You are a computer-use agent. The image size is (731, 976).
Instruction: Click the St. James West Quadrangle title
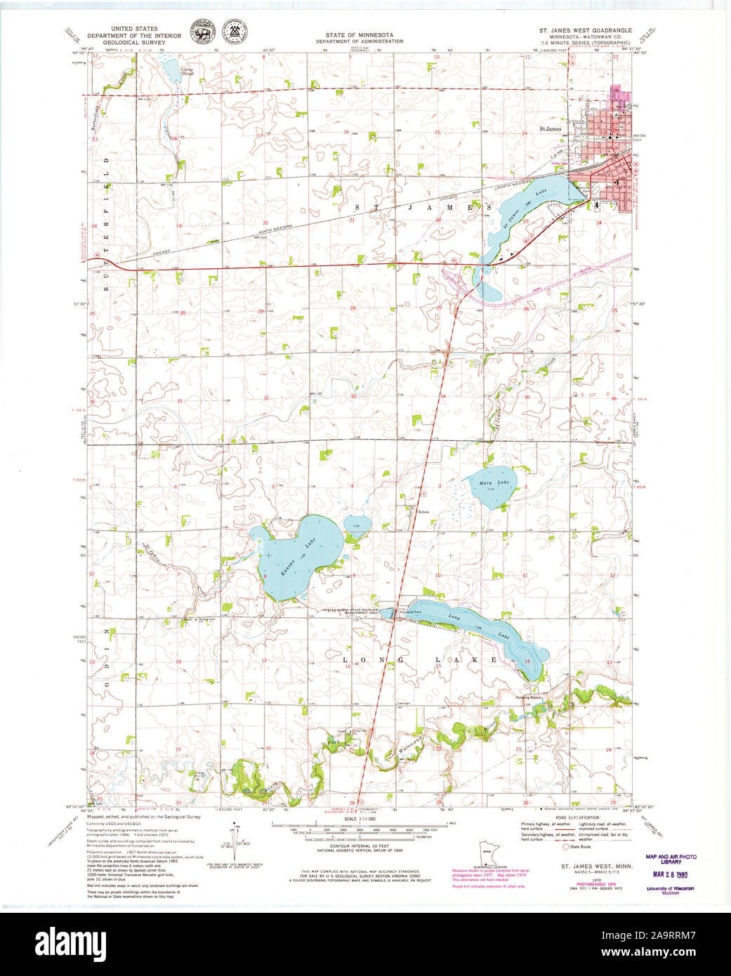point(585,31)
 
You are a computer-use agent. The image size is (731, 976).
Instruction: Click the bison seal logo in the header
point(202,31)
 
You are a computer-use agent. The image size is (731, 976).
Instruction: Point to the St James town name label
point(550,129)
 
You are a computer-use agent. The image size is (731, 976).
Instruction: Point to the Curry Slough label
point(187,70)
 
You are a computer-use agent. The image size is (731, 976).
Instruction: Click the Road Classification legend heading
point(578,817)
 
